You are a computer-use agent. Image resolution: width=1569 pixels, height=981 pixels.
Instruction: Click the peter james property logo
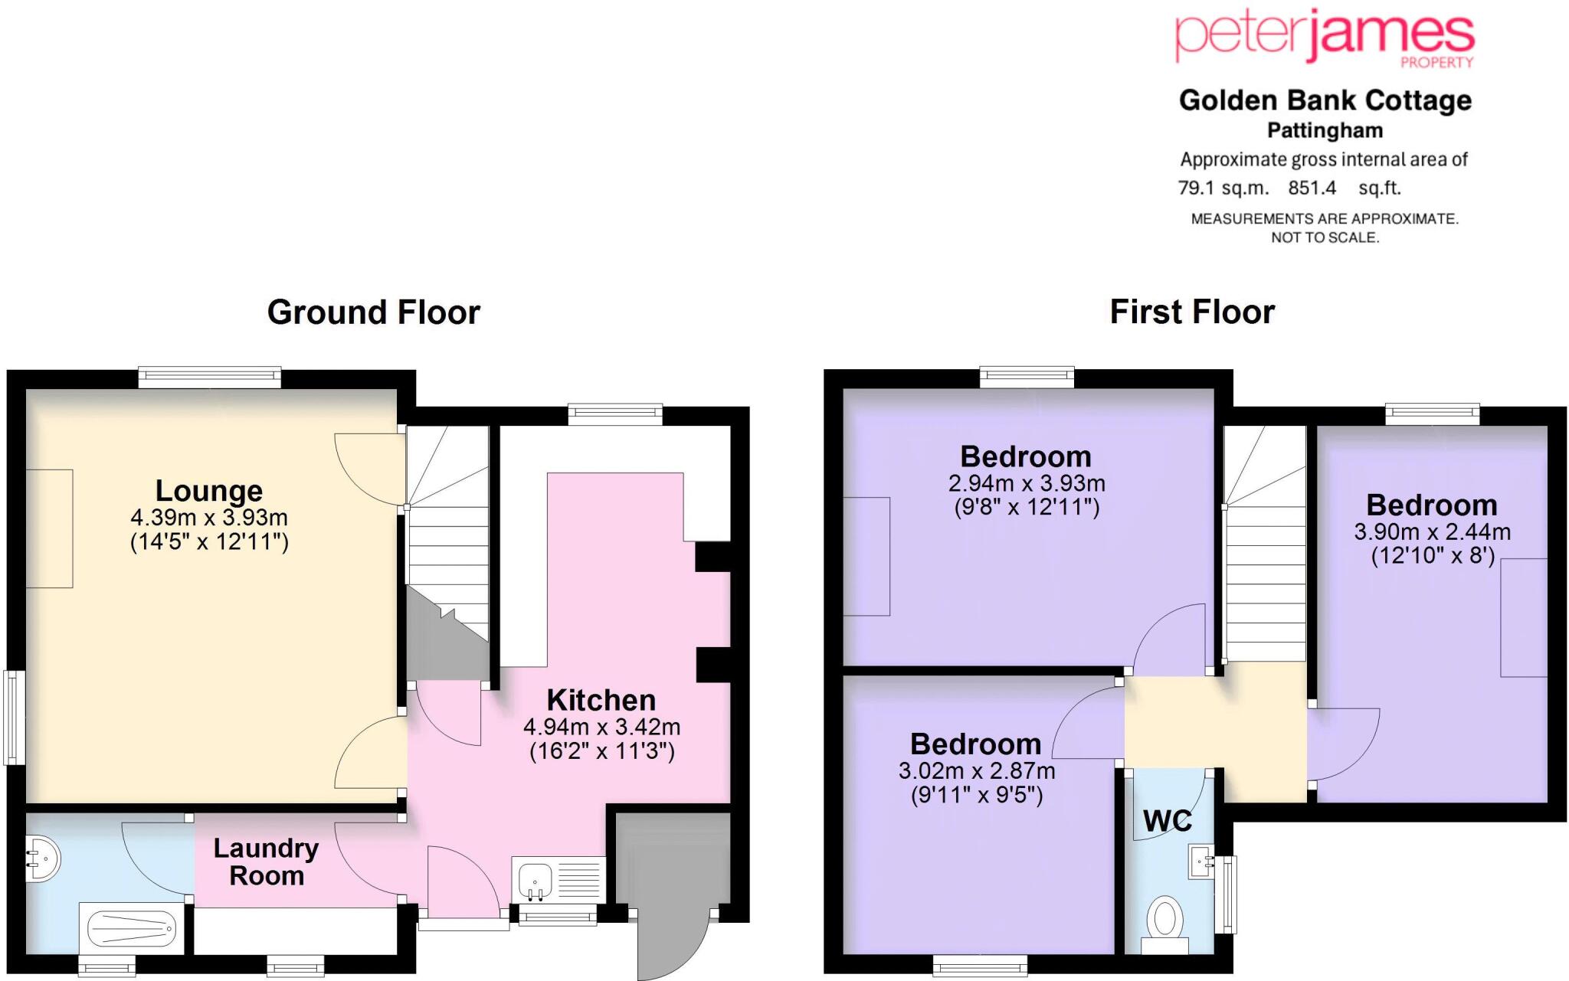(x=1325, y=38)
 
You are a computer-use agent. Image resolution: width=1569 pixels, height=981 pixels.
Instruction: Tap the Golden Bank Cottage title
(x=1325, y=100)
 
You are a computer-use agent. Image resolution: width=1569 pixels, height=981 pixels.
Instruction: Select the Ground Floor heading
(x=373, y=312)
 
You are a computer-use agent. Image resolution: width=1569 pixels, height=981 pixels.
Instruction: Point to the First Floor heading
(x=1192, y=312)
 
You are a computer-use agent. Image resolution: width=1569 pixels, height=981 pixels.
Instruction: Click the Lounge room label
(x=209, y=491)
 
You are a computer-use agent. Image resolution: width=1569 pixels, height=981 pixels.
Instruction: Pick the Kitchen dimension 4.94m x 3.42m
(x=601, y=727)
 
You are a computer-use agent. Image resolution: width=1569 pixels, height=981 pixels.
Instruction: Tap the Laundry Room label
(x=266, y=862)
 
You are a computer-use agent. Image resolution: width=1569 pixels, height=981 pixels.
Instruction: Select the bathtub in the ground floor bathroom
(x=132, y=929)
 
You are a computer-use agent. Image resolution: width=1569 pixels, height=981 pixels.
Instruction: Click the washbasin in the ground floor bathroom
(x=42, y=859)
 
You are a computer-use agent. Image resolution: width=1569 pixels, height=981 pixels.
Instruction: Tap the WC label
(x=1167, y=821)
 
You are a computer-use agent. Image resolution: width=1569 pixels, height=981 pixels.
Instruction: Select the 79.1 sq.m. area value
(x=1223, y=188)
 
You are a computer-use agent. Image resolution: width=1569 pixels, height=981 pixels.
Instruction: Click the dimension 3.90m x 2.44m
(x=1432, y=531)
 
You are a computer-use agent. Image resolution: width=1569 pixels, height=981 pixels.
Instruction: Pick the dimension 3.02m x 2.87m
(x=976, y=770)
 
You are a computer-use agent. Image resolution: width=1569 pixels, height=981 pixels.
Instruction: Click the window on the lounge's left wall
(x=14, y=718)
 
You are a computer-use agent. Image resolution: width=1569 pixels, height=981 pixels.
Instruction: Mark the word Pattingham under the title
(x=1325, y=131)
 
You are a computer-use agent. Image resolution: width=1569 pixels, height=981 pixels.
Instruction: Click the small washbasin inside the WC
(x=1200, y=862)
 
